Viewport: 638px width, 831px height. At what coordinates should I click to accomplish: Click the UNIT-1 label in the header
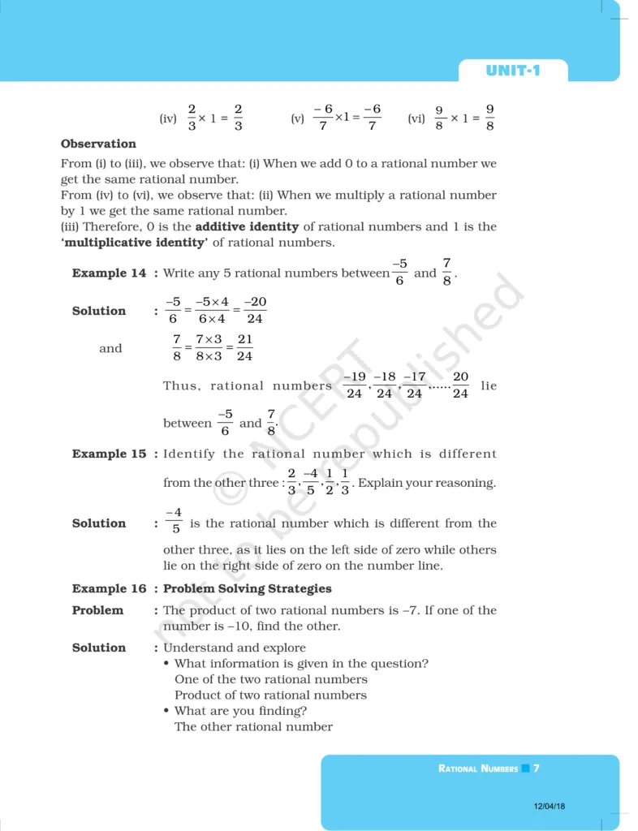(512, 71)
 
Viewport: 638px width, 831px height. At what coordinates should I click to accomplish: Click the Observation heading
(98, 144)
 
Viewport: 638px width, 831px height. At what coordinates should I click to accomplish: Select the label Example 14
(110, 273)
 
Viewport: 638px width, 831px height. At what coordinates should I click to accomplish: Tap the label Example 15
(110, 454)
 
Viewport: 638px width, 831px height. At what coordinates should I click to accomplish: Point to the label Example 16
(110, 588)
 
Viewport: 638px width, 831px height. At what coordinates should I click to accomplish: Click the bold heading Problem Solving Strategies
(248, 588)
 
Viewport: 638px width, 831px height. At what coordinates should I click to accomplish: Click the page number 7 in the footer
(537, 768)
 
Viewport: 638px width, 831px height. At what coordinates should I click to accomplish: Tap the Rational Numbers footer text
(477, 769)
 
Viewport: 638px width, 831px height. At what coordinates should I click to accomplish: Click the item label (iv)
(168, 118)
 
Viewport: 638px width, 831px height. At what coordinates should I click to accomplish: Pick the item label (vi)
(416, 118)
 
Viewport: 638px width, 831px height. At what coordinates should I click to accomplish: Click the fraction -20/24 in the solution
(255, 310)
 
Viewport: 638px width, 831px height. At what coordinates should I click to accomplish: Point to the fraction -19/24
(354, 385)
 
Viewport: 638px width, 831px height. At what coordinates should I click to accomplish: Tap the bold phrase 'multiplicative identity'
(134, 243)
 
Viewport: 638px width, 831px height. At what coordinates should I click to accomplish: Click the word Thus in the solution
(180, 386)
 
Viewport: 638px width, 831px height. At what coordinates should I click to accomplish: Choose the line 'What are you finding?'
(240, 711)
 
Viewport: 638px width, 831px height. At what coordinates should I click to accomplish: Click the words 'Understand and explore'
(235, 648)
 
